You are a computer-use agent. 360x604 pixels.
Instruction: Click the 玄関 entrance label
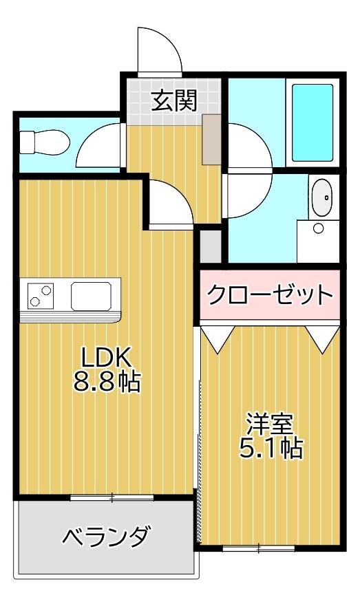click(174, 100)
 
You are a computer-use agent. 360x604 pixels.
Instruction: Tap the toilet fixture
click(44, 142)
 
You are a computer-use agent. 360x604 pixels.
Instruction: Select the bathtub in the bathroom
click(313, 122)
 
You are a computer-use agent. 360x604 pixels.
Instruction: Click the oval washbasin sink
click(321, 197)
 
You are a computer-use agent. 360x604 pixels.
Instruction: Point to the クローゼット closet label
click(270, 295)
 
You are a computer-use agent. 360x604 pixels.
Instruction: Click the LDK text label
click(106, 358)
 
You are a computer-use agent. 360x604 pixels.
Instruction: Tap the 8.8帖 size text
click(107, 382)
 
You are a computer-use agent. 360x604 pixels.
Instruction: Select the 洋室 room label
click(271, 424)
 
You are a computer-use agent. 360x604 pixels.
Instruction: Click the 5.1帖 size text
click(271, 448)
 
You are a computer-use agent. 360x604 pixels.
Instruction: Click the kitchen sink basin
click(92, 296)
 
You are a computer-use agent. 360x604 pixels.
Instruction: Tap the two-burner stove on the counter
click(41, 295)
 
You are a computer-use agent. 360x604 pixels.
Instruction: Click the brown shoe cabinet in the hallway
click(211, 140)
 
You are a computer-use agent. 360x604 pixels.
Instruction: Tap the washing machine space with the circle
click(318, 241)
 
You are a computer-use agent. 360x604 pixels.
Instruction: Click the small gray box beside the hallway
click(211, 246)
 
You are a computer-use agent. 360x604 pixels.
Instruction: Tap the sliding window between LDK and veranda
click(112, 497)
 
